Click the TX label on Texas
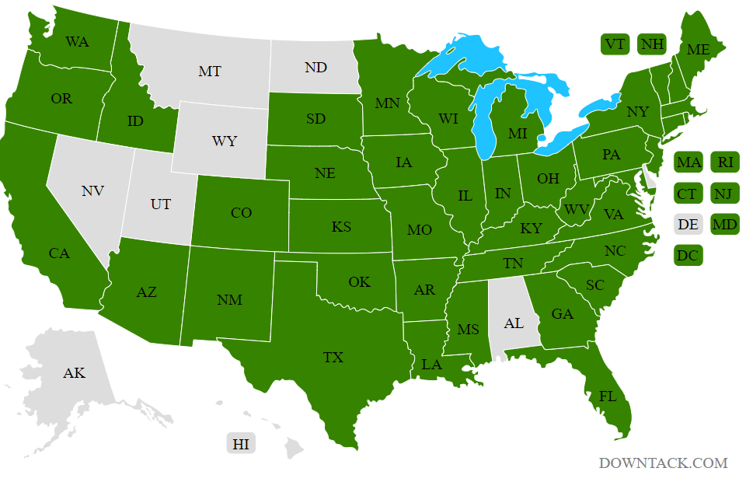(x=333, y=358)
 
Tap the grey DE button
(x=688, y=225)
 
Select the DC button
(x=688, y=255)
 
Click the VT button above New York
(x=615, y=44)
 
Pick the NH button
(x=652, y=44)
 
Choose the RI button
(x=725, y=162)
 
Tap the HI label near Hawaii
(x=241, y=444)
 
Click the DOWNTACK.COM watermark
(x=663, y=463)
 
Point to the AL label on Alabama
(x=514, y=323)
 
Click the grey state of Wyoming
(x=225, y=142)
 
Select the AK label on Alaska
(x=74, y=373)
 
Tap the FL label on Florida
(x=608, y=396)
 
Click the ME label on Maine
(x=698, y=50)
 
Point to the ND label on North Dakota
(x=315, y=68)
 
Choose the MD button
(x=725, y=225)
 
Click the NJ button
(x=725, y=194)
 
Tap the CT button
(x=688, y=194)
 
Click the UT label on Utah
(x=161, y=204)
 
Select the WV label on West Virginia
(x=576, y=210)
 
